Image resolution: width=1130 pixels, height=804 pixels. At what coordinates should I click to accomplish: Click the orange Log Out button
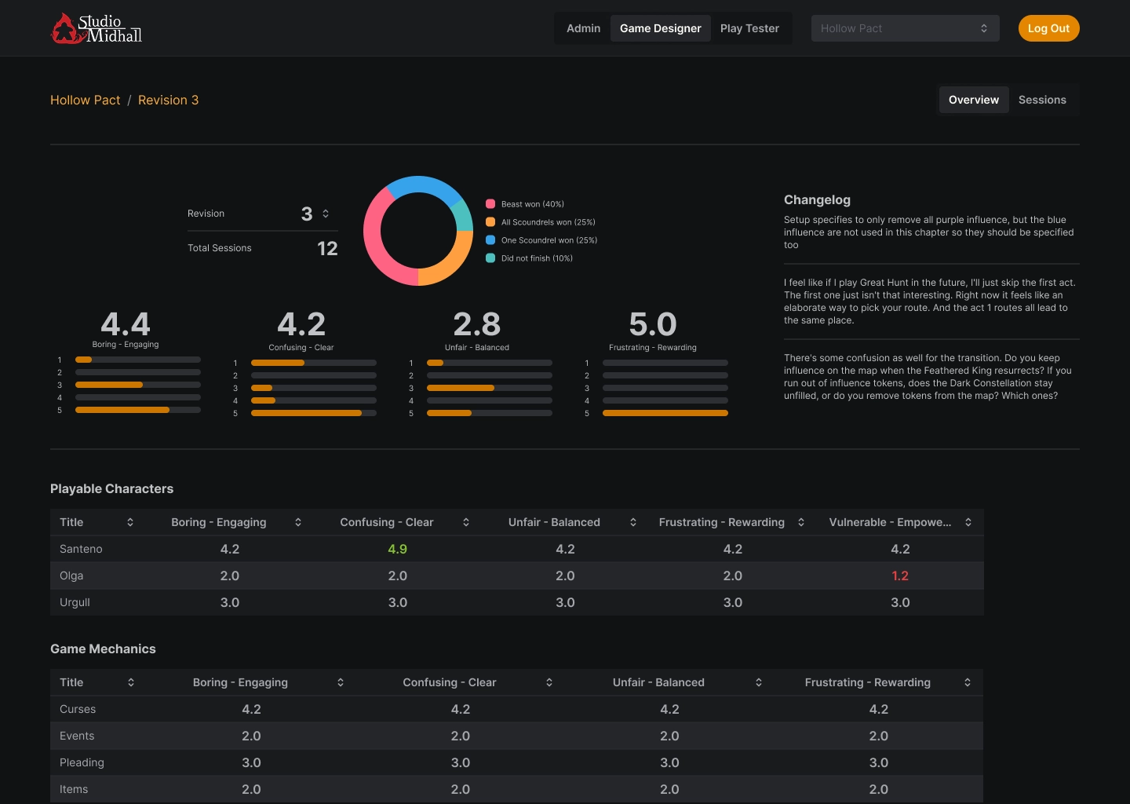pyautogui.click(x=1048, y=28)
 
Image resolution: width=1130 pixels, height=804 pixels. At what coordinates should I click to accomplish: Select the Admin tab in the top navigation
pyautogui.click(x=583, y=28)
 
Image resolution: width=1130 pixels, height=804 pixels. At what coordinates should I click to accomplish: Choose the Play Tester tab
pyautogui.click(x=749, y=28)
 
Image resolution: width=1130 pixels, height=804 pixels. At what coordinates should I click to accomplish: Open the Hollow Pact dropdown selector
pyautogui.click(x=905, y=28)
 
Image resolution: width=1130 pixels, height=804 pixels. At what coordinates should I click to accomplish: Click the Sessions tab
pyautogui.click(x=1042, y=100)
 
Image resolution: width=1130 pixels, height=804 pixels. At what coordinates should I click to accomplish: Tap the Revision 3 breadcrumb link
pyautogui.click(x=168, y=100)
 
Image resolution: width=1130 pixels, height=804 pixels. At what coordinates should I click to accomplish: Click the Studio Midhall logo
pyautogui.click(x=97, y=28)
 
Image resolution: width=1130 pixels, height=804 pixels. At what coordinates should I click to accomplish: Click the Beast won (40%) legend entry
pyautogui.click(x=532, y=204)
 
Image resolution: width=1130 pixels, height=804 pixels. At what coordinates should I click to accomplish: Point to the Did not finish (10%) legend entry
pyautogui.click(x=537, y=258)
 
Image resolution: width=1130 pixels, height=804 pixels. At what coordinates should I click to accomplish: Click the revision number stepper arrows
pyautogui.click(x=326, y=214)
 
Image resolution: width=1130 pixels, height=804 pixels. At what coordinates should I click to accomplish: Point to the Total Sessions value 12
pyautogui.click(x=327, y=248)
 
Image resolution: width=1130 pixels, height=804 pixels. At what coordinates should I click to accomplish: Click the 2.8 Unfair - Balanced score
pyautogui.click(x=476, y=323)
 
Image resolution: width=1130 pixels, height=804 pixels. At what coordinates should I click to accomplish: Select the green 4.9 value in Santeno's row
pyautogui.click(x=397, y=549)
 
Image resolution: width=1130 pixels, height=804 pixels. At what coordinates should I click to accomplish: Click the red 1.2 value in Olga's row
pyautogui.click(x=900, y=576)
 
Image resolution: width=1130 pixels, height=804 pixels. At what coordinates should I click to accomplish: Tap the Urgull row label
pyautogui.click(x=75, y=602)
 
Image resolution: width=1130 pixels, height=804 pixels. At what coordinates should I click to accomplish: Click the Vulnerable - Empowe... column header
pyautogui.click(x=891, y=522)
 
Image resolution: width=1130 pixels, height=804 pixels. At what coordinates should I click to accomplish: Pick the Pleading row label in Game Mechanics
pyautogui.click(x=82, y=762)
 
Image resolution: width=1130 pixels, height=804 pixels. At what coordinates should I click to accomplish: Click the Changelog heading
pyautogui.click(x=817, y=199)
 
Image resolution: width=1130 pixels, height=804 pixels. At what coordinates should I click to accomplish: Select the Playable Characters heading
pyautogui.click(x=111, y=488)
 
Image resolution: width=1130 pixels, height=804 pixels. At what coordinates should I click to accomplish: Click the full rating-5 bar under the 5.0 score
pyautogui.click(x=665, y=413)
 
